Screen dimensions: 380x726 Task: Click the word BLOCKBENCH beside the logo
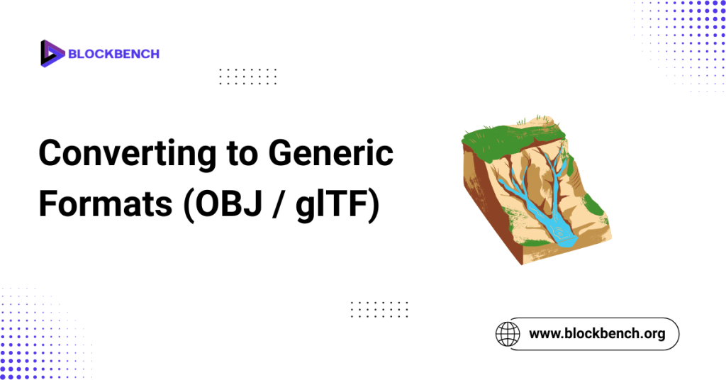pyautogui.click(x=113, y=53)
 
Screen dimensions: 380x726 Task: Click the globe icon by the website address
pyautogui.click(x=507, y=332)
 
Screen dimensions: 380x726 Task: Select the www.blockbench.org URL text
pyautogui.click(x=597, y=332)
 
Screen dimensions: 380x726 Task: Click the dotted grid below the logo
pyautogui.click(x=248, y=76)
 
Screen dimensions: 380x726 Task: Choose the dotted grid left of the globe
pyautogui.click(x=379, y=309)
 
